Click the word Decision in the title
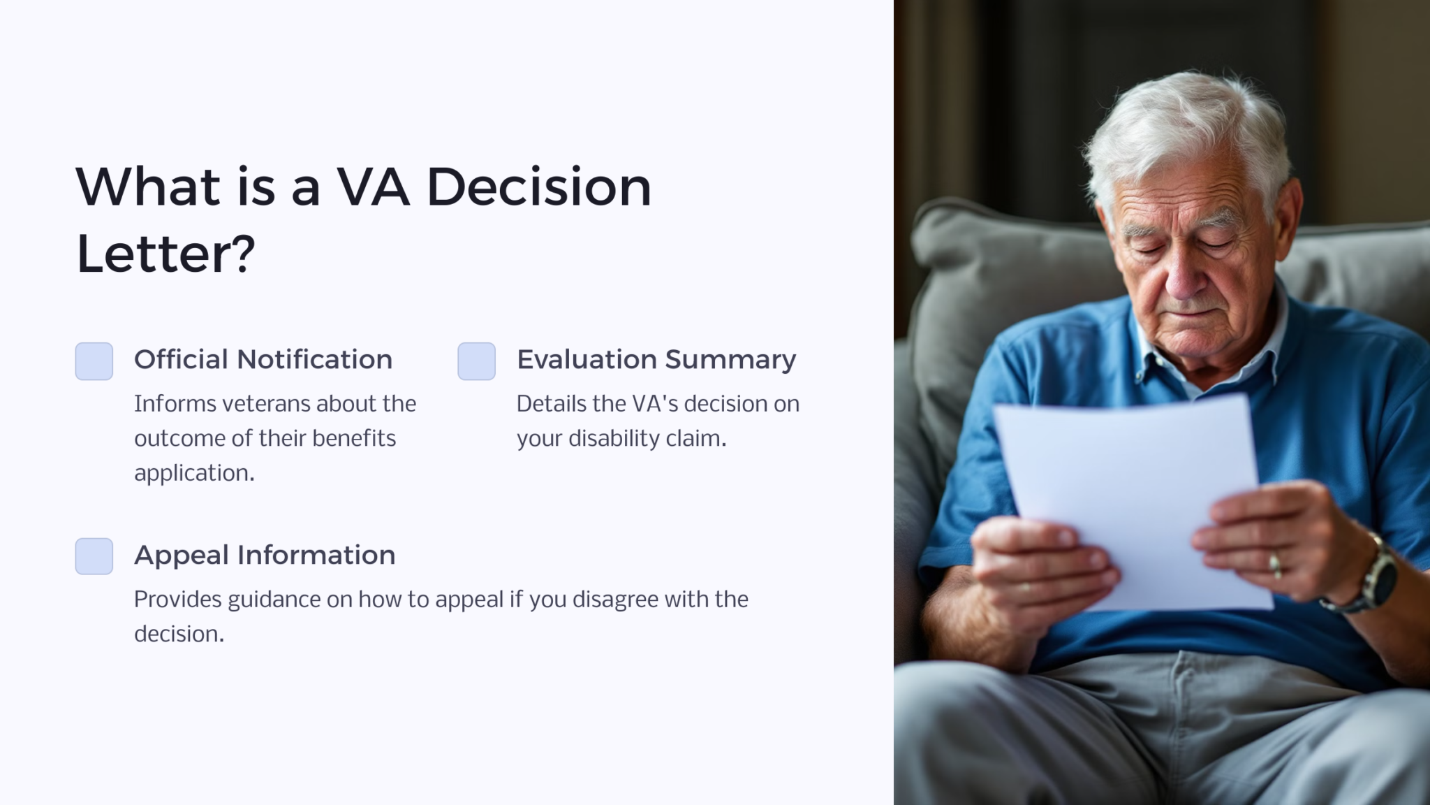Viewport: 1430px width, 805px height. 538,187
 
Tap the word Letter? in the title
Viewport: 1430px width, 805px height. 165,254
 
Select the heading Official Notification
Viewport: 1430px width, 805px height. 263,360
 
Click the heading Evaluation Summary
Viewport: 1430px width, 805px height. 656,360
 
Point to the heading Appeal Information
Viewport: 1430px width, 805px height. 264,556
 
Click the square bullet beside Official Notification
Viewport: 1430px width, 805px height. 94,361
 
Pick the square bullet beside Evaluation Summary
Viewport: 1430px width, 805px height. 476,361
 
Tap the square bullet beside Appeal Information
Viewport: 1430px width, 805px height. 94,556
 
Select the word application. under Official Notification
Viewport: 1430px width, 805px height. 194,473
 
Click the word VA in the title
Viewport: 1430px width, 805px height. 372,187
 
